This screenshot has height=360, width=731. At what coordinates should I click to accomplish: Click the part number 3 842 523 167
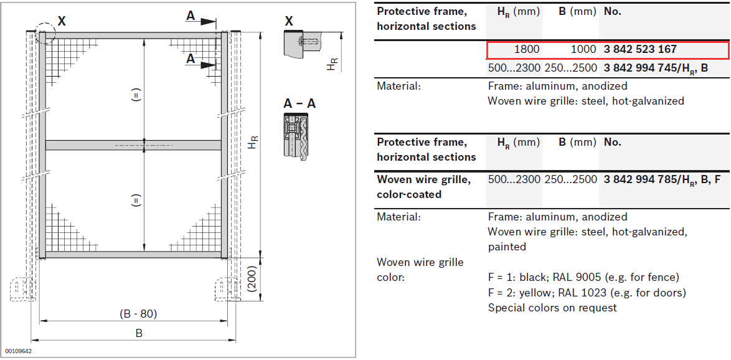tap(640, 49)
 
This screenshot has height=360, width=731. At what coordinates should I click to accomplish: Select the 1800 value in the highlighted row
tap(527, 49)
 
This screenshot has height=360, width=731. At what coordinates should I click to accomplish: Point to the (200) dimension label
tap(252, 279)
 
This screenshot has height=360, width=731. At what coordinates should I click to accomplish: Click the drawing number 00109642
tap(18, 350)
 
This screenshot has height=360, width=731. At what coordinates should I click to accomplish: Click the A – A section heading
tap(299, 103)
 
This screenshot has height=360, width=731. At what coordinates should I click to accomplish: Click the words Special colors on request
tap(552, 308)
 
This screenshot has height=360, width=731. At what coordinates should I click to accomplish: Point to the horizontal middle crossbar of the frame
tap(133, 145)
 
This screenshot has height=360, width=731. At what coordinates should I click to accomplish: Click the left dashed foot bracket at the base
tap(22, 289)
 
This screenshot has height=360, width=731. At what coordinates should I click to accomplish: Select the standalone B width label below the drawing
tap(138, 333)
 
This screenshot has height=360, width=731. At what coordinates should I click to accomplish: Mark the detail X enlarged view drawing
tap(303, 44)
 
